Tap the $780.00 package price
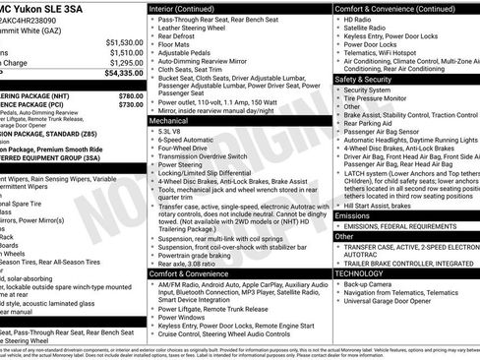(131, 95)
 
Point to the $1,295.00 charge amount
(126, 63)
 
